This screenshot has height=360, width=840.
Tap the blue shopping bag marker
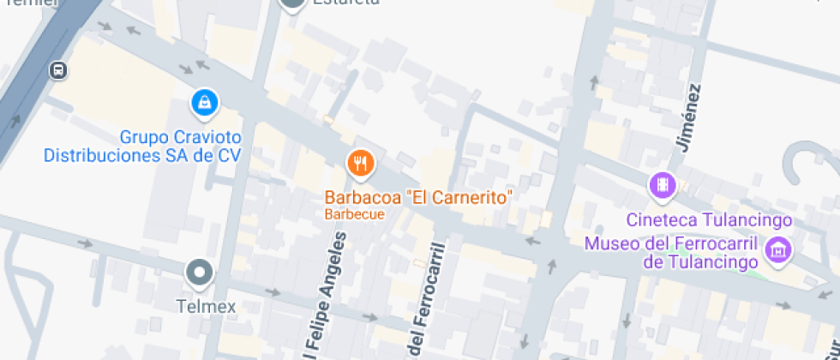tap(204, 104)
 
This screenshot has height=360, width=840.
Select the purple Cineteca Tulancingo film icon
tap(662, 184)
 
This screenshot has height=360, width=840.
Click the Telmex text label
tap(206, 306)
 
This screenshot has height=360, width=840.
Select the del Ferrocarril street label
tap(428, 301)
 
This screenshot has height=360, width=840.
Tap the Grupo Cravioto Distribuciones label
tap(143, 146)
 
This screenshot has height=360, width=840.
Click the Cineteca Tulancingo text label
tap(709, 220)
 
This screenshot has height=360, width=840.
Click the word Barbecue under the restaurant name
tap(354, 214)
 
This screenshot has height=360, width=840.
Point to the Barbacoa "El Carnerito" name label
tap(417, 197)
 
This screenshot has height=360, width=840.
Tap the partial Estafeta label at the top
tap(346, 3)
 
